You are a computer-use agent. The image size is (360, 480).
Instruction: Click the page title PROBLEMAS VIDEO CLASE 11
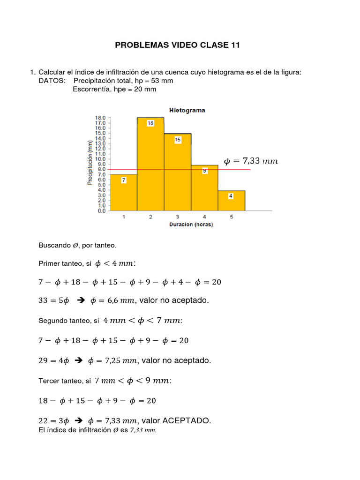[178, 45]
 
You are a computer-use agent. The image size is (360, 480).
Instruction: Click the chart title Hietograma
[187, 110]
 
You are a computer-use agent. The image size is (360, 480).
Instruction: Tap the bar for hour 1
[123, 192]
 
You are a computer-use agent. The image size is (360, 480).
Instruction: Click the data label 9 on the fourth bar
[204, 171]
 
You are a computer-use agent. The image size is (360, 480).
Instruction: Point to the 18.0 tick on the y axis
[100, 118]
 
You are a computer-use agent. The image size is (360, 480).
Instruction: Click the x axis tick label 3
[178, 217]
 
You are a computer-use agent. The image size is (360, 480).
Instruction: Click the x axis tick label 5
[231, 217]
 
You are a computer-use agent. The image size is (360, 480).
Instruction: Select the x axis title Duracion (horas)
[191, 225]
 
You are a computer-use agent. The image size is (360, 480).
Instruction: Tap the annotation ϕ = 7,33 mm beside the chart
[251, 161]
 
